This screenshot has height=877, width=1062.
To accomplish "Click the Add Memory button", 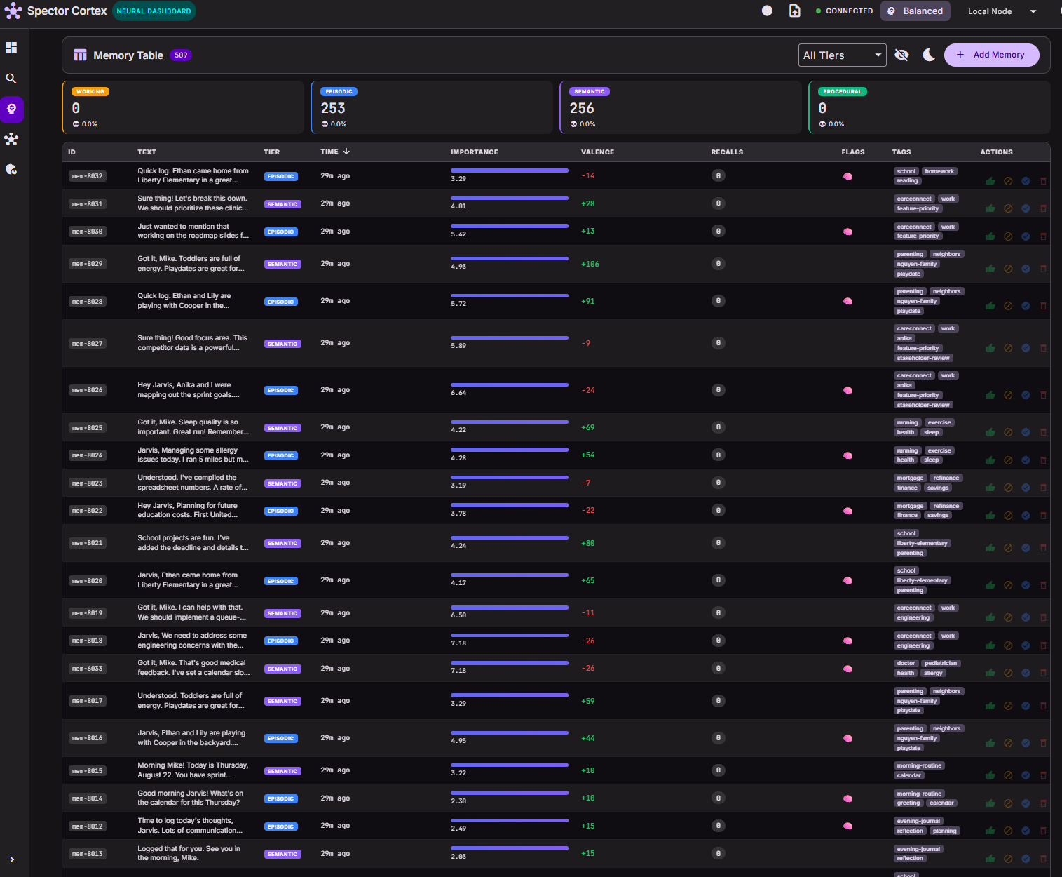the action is [x=991, y=55].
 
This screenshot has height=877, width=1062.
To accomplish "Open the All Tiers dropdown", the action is [x=842, y=55].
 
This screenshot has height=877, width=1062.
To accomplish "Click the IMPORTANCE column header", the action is [x=474, y=152].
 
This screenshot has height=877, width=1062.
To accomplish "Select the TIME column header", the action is [x=329, y=151].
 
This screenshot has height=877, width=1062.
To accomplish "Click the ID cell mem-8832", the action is [x=88, y=176].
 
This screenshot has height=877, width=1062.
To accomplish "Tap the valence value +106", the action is [x=590, y=264].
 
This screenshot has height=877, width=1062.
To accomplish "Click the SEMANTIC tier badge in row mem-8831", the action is [x=282, y=204].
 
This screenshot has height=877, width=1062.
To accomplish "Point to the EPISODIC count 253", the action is [x=333, y=108].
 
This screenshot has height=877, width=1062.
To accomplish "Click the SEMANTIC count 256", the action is [x=581, y=108].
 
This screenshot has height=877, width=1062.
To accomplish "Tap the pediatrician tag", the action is [x=940, y=663].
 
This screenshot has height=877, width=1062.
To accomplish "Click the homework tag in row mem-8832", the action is [x=939, y=171].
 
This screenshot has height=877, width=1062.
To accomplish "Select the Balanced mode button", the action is [x=915, y=11].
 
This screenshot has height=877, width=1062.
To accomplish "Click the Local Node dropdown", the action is [x=1002, y=11].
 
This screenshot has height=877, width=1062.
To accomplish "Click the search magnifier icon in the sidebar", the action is [x=11, y=79].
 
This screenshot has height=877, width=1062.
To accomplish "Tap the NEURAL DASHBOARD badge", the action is [x=154, y=11].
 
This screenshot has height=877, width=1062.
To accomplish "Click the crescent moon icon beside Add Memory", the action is [x=928, y=55].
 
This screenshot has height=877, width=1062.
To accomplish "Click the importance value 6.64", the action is [x=458, y=392].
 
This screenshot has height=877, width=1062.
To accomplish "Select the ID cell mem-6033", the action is [x=88, y=669].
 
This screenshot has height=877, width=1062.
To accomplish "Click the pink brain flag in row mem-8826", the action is [x=847, y=390].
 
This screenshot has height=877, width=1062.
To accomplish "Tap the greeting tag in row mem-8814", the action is [x=908, y=803].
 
